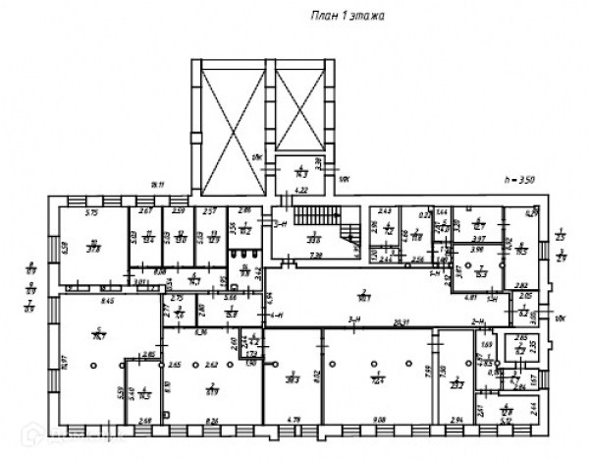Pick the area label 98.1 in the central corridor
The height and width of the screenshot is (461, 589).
(364, 295)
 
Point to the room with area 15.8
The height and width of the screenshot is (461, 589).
(232, 313)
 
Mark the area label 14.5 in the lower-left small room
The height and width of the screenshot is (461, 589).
(143, 394)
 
